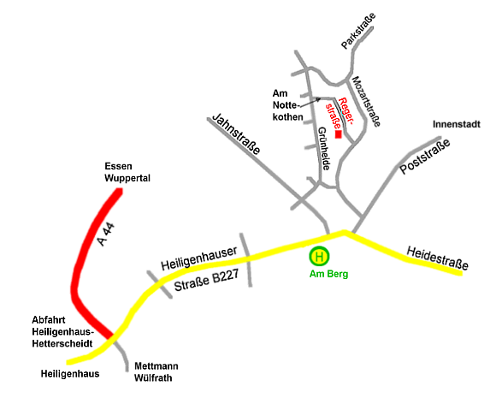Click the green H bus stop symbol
319,256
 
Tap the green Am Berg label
328,274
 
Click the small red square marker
339,134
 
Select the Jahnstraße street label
236,134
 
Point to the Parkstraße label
358,31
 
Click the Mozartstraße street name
366,101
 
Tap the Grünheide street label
324,149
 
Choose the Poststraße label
425,156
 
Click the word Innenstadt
457,124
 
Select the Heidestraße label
437,258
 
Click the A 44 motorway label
106,235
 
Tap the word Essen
118,166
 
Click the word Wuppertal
127,178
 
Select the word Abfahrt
49,320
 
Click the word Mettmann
156,366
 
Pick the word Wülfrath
153,378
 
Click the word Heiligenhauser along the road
199,258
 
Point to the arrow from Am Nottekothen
310,103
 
